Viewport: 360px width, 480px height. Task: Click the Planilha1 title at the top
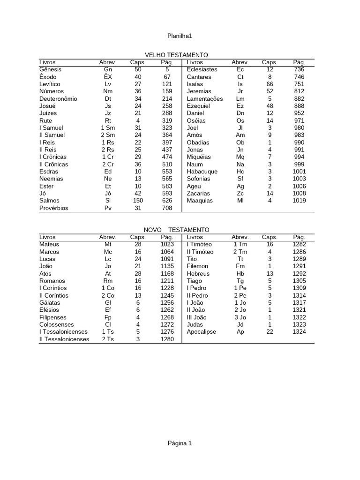(x=180, y=36)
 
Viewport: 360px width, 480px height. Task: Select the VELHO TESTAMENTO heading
(x=177, y=55)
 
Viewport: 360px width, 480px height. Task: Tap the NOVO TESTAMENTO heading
(x=177, y=230)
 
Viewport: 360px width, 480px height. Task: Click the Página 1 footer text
(x=180, y=443)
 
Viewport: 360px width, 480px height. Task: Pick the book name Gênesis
(x=51, y=69)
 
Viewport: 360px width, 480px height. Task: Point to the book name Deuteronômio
(x=59, y=99)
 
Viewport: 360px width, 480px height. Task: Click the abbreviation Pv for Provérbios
(x=108, y=208)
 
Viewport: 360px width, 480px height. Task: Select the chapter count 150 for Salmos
(x=138, y=201)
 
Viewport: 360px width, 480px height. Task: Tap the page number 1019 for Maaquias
(x=299, y=201)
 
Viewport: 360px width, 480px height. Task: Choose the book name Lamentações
(x=205, y=99)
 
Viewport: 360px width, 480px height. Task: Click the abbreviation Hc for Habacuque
(x=240, y=172)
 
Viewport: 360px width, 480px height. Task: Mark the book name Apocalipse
(x=202, y=332)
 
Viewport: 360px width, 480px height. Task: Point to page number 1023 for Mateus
(x=167, y=244)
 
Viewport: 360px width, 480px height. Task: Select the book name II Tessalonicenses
(x=64, y=339)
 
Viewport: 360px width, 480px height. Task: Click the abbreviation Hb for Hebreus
(x=240, y=274)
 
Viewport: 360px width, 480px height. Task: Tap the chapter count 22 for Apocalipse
(x=270, y=332)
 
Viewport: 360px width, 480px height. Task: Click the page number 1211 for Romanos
(x=167, y=281)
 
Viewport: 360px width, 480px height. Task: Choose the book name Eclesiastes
(x=202, y=69)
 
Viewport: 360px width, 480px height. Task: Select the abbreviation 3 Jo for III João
(x=240, y=317)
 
